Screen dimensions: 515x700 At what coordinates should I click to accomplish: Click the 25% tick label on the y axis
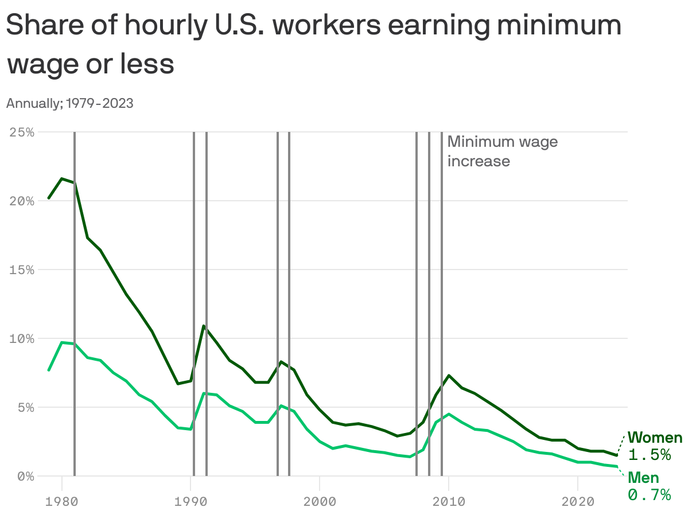(x=22, y=132)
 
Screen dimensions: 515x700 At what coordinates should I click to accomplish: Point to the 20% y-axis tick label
(x=22, y=201)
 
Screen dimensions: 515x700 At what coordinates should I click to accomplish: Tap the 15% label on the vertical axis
(x=22, y=270)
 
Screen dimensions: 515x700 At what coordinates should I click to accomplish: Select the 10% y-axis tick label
(x=22, y=338)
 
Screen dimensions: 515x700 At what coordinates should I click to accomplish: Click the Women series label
(x=655, y=438)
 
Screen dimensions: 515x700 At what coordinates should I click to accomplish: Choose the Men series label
(x=643, y=478)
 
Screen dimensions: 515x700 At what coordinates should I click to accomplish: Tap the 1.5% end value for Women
(x=650, y=455)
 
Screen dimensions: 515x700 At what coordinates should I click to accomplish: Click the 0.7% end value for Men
(x=650, y=495)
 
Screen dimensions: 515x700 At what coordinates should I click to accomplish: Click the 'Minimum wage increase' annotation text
(x=502, y=151)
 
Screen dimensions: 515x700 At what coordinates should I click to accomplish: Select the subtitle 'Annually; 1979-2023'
(x=69, y=103)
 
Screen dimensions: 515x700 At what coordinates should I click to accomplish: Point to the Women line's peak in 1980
(x=62, y=178)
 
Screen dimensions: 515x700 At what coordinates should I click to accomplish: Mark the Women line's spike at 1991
(x=203, y=326)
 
